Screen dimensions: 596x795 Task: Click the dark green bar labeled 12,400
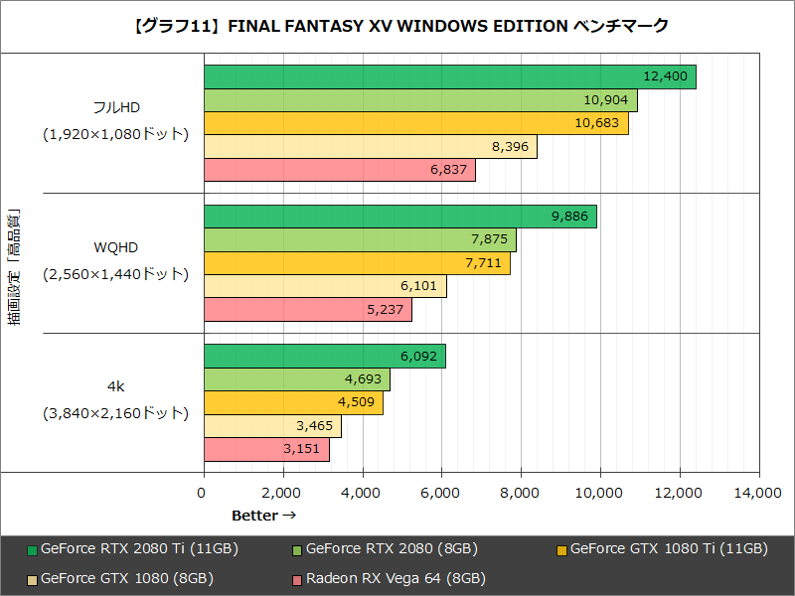click(449, 76)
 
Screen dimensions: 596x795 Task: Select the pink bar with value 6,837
click(339, 170)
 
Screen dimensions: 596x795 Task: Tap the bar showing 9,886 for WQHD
click(399, 217)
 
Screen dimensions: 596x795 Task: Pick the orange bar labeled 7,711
click(356, 263)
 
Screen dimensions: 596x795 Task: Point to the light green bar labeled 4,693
click(296, 379)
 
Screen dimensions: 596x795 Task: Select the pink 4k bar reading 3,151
click(265, 450)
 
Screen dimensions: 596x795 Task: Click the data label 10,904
click(608, 100)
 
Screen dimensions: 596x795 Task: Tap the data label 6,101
click(417, 286)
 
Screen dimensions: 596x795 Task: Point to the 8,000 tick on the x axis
click(521, 493)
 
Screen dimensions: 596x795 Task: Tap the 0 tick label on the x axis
click(204, 493)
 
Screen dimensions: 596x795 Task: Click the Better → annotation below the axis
click(263, 515)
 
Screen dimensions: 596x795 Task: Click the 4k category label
click(115, 385)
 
